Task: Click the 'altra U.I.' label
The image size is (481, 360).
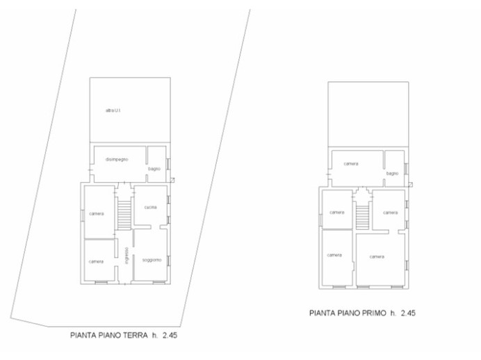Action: click(x=113, y=110)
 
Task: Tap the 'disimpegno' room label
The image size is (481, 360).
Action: click(x=116, y=160)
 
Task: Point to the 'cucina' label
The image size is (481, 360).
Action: click(x=151, y=207)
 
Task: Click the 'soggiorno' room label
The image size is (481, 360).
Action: click(x=152, y=260)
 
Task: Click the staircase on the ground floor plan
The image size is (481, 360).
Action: click(x=124, y=214)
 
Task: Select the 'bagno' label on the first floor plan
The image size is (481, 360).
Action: click(x=392, y=173)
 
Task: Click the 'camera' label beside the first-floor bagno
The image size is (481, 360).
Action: click(x=351, y=164)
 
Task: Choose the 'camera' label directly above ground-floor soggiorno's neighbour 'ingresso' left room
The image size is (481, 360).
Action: click(x=96, y=213)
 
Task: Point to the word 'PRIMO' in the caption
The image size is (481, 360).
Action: click(x=371, y=313)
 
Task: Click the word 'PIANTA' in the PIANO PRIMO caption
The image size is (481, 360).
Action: click(x=323, y=313)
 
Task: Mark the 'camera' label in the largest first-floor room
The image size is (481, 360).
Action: click(x=377, y=256)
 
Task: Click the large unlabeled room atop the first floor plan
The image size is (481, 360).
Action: click(x=367, y=115)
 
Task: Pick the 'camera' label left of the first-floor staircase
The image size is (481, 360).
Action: click(x=337, y=212)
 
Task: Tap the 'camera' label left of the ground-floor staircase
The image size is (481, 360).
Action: click(x=96, y=213)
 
